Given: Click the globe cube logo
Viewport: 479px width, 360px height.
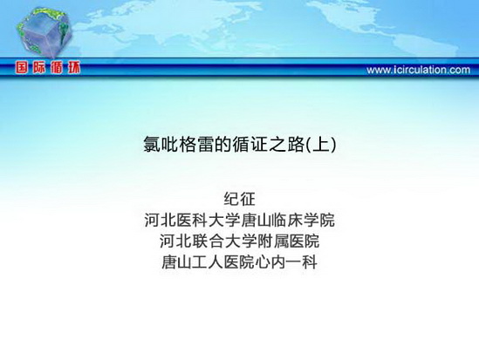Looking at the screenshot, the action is pos(44,32).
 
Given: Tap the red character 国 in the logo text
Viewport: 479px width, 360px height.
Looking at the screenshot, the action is pos(22,67).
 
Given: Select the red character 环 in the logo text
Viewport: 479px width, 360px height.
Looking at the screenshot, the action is pos(74,67).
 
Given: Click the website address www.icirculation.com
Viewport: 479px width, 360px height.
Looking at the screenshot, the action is pos(418,70).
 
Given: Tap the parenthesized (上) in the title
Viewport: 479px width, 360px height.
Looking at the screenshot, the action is pos(320,145).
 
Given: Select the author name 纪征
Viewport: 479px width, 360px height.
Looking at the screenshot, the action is pos(239,200).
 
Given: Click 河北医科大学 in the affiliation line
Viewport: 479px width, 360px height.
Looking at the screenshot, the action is pos(192,221).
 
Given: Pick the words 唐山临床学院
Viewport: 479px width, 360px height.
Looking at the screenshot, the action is pos(287,221).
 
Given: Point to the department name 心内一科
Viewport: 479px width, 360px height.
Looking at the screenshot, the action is pos(286,262).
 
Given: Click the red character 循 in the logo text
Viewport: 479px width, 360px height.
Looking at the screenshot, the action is pos(57,67).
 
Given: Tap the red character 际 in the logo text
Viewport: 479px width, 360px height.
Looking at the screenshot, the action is pos(39,67).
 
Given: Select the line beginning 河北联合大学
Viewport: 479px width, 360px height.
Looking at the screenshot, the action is pos(239,241).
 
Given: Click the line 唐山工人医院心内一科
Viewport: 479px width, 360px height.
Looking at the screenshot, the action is pos(239,262).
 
